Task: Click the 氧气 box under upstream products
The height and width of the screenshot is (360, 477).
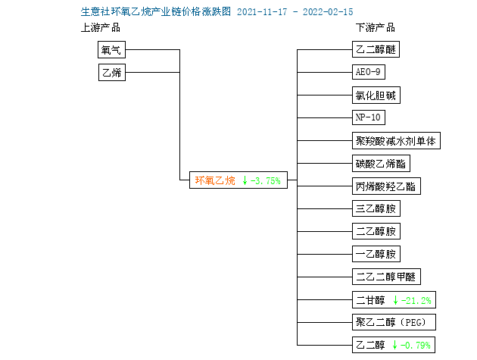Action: coord(111,50)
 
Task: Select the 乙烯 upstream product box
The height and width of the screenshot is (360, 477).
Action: coord(112,72)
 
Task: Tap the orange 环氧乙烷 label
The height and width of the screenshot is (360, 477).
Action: coord(215,180)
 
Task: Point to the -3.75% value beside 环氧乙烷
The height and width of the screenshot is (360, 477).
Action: coord(265,180)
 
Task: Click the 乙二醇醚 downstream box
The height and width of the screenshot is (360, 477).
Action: coord(376,49)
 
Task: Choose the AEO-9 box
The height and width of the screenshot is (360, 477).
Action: coord(369,72)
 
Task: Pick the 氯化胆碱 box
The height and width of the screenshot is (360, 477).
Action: coord(376,95)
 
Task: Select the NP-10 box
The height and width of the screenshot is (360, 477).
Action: coord(369,117)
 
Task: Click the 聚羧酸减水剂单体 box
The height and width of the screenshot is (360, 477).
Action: coord(396,141)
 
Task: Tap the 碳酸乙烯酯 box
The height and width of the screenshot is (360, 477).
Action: coord(381,164)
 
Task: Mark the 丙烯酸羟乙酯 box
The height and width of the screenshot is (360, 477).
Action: coord(386,186)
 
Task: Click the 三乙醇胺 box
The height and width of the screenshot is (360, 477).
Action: coord(376,208)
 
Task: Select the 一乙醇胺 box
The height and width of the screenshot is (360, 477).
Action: coord(376,254)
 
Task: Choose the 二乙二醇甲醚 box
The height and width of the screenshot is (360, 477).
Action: coord(386,277)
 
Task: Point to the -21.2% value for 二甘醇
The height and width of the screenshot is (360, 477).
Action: coord(416,301)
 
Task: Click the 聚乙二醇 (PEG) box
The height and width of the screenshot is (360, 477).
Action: coord(394,322)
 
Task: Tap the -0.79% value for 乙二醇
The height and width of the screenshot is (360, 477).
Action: coord(416,345)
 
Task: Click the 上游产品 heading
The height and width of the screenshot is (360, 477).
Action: coord(101,28)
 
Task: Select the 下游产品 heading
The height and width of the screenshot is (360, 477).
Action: coord(376,28)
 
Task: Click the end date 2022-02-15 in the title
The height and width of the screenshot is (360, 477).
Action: coord(328,12)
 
